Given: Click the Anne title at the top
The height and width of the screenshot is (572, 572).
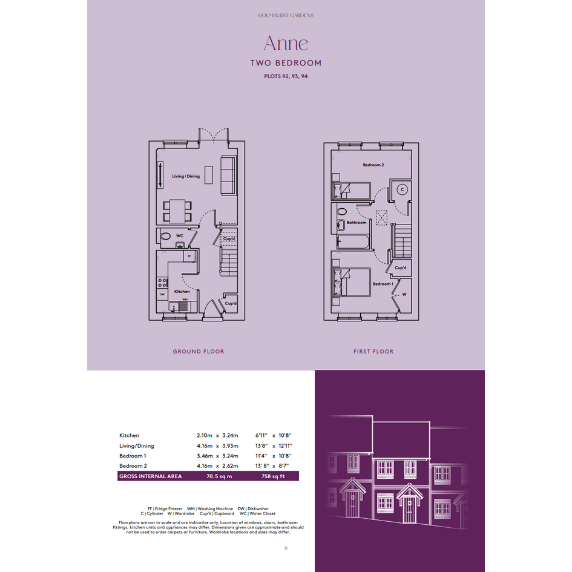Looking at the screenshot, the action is (286, 43).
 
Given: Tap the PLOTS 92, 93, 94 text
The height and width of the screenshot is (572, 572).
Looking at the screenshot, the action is (286, 76).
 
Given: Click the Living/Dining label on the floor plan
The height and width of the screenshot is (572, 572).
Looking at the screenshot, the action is (186, 176).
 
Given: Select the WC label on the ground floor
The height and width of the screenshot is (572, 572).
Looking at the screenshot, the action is (180, 235).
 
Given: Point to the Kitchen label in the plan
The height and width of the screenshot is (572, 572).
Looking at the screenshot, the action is (182, 292).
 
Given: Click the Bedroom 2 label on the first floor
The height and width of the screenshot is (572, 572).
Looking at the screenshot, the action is (373, 165).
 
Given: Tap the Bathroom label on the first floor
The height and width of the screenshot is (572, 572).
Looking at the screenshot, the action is (357, 223).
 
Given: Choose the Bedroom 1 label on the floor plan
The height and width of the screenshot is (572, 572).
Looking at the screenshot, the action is (383, 284).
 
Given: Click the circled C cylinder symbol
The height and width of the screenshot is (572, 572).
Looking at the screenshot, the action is (403, 189).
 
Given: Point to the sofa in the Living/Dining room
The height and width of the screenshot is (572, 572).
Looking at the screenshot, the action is (228, 175).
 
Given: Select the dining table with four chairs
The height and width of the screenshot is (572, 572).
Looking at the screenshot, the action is (177, 211).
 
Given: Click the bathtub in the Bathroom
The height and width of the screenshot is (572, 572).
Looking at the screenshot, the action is (353, 242).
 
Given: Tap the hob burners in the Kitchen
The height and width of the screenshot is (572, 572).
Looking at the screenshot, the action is (162, 283).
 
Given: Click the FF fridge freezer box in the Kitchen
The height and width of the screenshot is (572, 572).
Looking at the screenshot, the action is (189, 256).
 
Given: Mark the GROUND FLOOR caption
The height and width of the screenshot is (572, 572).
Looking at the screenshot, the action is (199, 352).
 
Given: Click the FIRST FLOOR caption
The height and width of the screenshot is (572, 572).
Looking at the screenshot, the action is (373, 352).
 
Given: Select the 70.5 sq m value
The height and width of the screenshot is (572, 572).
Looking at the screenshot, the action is (219, 476).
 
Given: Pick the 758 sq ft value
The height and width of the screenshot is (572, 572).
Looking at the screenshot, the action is (273, 476).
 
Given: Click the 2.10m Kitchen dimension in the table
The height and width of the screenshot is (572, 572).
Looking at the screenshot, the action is (205, 436).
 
